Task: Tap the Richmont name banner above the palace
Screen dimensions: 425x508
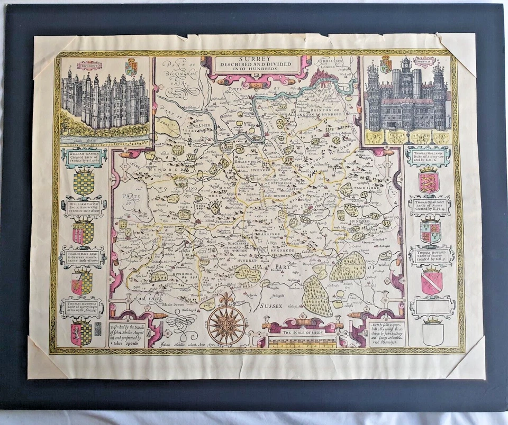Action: [x=89, y=65]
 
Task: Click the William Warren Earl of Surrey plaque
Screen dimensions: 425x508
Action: [x=84, y=157]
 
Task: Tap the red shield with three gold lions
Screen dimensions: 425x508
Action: [x=429, y=181]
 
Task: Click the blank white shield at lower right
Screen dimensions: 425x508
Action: [x=433, y=334]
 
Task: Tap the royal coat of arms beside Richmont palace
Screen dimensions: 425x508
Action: [x=131, y=67]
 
